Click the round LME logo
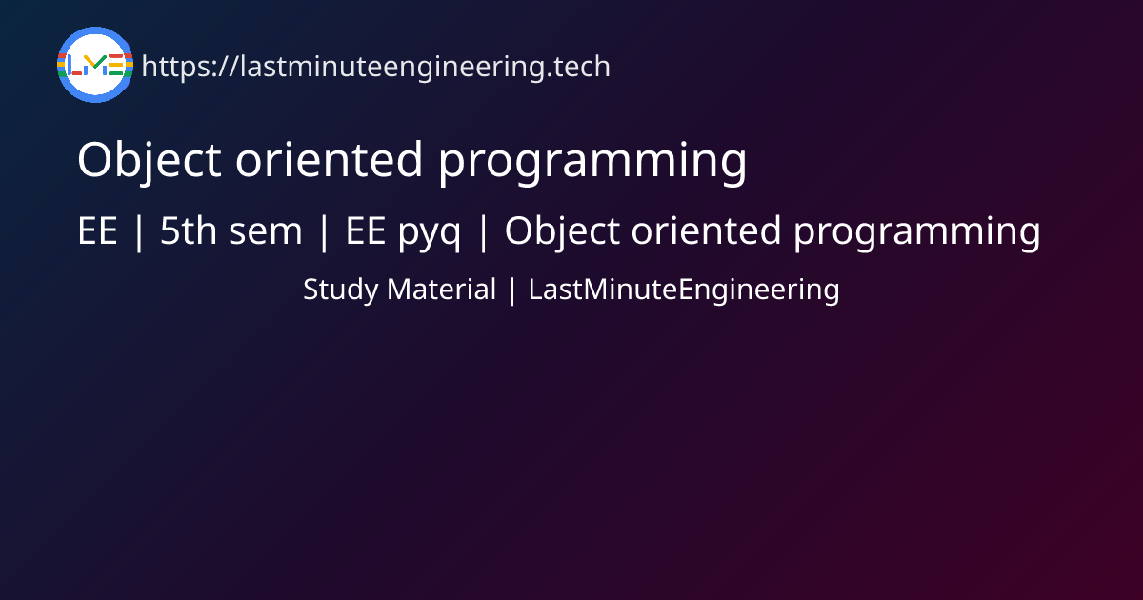coord(95,65)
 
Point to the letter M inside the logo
coord(95,66)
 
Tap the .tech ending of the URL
coord(578,67)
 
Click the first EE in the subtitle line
coord(97,231)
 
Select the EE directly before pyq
coord(365,231)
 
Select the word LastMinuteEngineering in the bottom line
coord(684,290)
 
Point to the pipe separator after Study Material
coord(512,290)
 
